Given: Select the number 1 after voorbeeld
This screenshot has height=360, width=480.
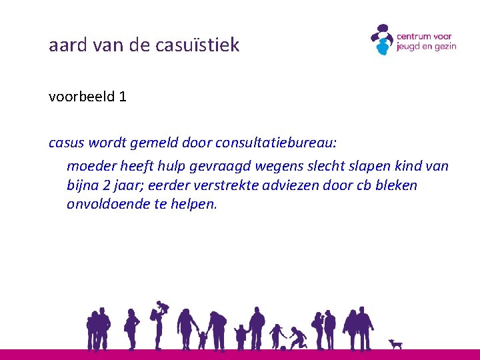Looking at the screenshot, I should coord(122,97).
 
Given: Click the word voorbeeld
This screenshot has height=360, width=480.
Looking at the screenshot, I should coord(80,97).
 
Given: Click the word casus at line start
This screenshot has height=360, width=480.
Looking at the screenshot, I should coord(65,143).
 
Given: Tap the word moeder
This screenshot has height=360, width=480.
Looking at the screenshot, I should coord(89,165).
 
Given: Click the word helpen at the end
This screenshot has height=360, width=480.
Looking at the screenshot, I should coord(196,204).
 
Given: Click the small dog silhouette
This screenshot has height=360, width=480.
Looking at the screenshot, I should coord(396,343).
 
